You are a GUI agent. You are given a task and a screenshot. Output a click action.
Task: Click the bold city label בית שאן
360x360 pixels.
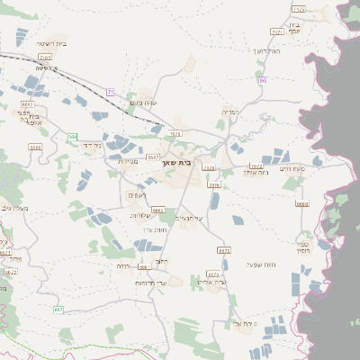(179, 164)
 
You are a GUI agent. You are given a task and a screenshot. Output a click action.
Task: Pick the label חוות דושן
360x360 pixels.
(267, 52)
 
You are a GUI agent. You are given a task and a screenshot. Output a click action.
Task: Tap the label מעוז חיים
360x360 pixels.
(292, 168)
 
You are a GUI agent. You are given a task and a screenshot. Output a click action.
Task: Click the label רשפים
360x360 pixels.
(137, 195)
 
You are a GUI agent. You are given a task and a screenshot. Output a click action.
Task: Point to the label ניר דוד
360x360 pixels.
(82, 145)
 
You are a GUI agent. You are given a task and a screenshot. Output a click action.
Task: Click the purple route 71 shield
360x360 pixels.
(111, 92)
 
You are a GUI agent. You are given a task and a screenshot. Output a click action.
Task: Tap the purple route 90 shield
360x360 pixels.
(262, 81)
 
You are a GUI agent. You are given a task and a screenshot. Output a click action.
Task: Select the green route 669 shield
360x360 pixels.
(71, 136)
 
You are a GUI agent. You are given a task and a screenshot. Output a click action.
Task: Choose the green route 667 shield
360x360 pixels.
(58, 309)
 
